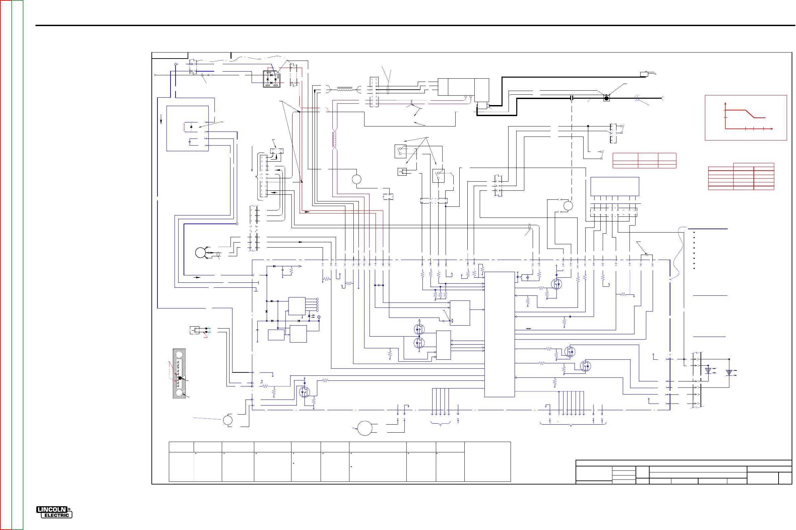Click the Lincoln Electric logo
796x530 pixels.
[x=54, y=512]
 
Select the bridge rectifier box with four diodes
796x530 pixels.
[x=272, y=79]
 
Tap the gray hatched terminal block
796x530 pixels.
[x=179, y=373]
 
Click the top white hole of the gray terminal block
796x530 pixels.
[x=179, y=354]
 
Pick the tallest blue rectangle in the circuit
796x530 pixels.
[x=499, y=334]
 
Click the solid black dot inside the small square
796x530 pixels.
[x=606, y=98]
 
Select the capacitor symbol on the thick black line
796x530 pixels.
[x=572, y=98]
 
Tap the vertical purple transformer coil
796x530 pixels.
[x=335, y=139]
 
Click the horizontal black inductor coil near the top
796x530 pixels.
[x=344, y=89]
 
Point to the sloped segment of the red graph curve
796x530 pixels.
[x=750, y=114]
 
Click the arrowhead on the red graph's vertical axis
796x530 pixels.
[x=725, y=103]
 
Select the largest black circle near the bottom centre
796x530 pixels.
[x=364, y=428]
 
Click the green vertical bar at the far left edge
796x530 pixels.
[x=17, y=265]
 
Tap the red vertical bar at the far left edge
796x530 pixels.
[x=6, y=265]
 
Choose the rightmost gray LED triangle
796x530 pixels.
[x=729, y=372]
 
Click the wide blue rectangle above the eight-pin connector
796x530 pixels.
[x=615, y=186]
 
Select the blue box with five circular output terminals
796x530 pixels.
[x=297, y=306]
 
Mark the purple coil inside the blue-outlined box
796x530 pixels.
[x=185, y=127]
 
